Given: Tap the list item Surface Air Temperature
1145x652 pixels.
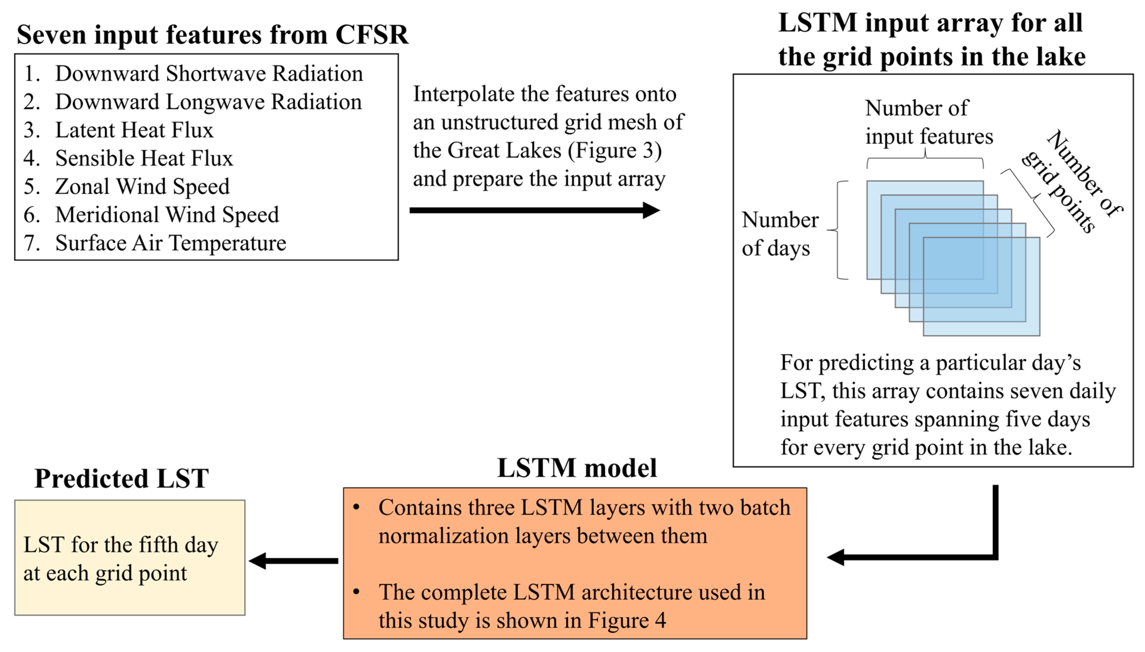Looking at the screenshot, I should [170, 243].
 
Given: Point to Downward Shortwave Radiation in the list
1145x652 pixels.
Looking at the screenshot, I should [209, 74].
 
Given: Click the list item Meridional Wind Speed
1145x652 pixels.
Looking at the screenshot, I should [167, 215].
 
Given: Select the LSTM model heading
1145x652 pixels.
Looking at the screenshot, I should [577, 468].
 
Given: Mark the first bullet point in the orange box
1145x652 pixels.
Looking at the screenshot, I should [356, 507].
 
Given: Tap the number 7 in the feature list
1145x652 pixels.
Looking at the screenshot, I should [30, 243].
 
